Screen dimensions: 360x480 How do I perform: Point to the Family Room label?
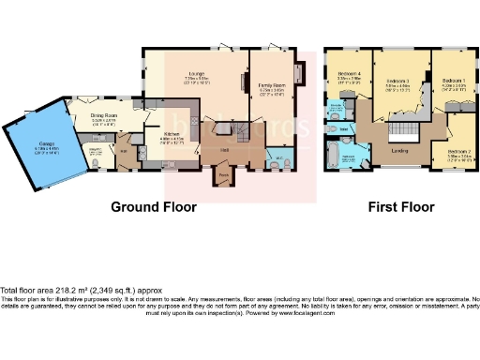(272, 85)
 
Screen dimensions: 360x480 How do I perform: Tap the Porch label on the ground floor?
(223, 174)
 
